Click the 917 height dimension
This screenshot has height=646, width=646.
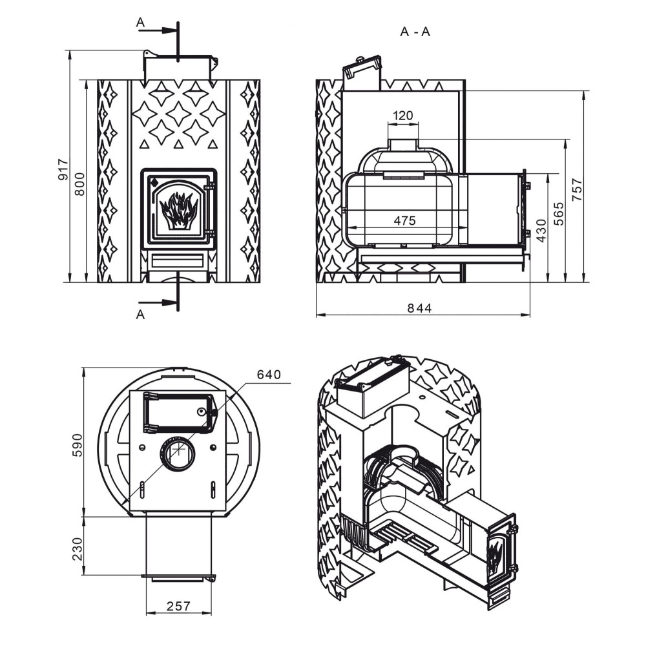[x=63, y=169]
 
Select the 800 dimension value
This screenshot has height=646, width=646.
[x=79, y=183]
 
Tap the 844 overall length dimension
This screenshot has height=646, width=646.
[x=419, y=308]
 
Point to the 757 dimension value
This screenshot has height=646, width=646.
[x=578, y=189]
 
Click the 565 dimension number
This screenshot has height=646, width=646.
[x=559, y=214]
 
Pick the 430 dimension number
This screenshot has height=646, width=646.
[x=541, y=231]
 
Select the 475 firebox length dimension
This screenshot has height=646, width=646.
[x=404, y=220]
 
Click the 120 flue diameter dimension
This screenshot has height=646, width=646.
[x=402, y=116]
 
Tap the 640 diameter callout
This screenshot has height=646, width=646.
[x=269, y=375]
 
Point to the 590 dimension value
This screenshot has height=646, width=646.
[x=78, y=445]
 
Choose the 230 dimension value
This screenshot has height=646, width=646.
[x=78, y=549]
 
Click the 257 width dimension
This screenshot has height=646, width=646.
[x=178, y=606]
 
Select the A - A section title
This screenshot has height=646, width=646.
[x=415, y=32]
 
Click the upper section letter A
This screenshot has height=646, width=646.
[x=140, y=23]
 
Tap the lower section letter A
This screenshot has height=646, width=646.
[x=140, y=315]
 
